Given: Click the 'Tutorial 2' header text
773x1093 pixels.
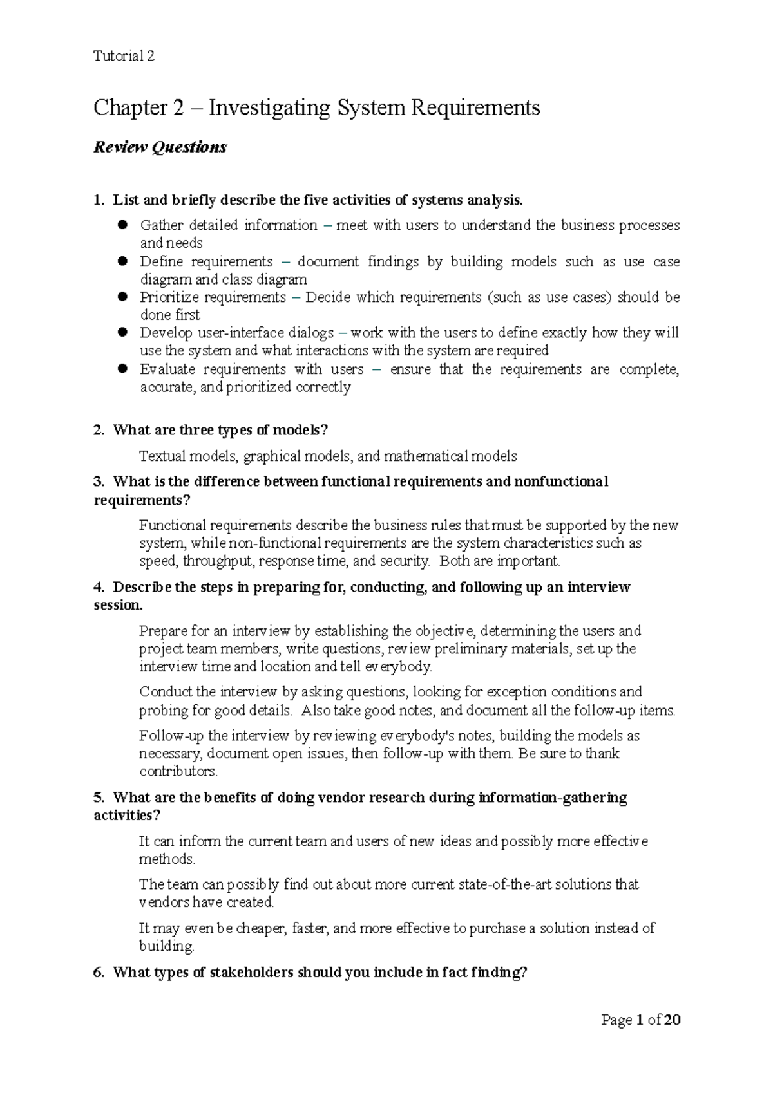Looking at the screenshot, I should (x=124, y=56).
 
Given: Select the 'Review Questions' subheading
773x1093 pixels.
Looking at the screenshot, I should (x=160, y=147).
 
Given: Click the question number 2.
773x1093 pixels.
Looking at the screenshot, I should (x=98, y=430).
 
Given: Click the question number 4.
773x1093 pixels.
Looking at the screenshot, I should (x=98, y=587).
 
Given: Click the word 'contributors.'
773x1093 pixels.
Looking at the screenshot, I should (x=178, y=771).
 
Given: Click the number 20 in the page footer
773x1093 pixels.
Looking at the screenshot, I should (x=673, y=1020).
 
